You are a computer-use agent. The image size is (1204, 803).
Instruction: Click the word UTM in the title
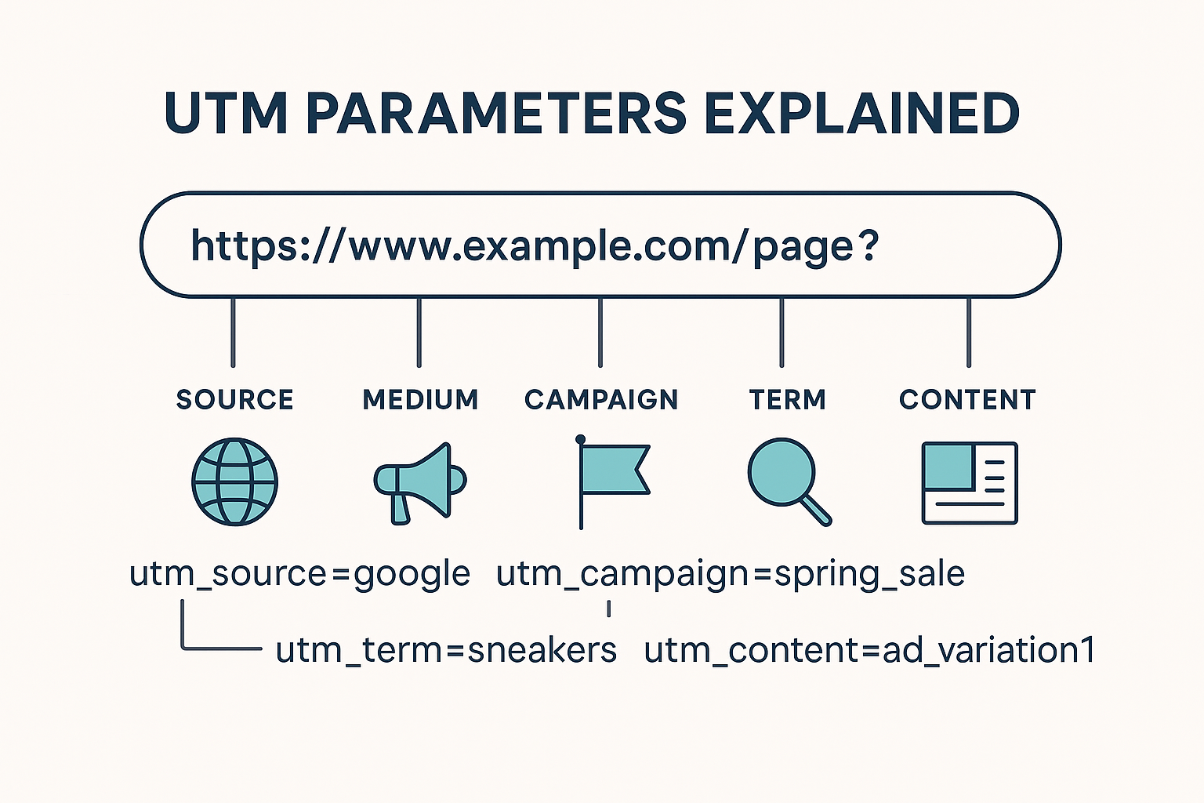click(x=226, y=114)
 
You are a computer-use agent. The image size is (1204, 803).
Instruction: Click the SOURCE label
click(x=235, y=400)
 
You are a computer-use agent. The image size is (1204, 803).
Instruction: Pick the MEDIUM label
click(x=420, y=400)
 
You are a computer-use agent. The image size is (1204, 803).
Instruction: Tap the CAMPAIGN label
click(x=601, y=400)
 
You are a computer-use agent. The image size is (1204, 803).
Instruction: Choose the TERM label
click(x=788, y=400)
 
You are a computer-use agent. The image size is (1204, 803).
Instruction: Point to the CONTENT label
click(x=967, y=400)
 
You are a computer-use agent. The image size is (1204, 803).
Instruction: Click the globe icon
click(x=235, y=481)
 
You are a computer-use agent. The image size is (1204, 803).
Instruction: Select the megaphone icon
click(x=420, y=483)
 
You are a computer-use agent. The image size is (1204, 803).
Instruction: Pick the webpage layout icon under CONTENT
click(x=970, y=483)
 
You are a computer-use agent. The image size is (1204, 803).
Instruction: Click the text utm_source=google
click(x=300, y=575)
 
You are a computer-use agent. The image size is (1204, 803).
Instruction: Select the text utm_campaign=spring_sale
click(x=730, y=575)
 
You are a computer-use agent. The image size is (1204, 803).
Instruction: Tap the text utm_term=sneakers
click(x=446, y=650)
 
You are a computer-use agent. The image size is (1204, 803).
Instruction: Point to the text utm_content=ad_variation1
click(x=869, y=650)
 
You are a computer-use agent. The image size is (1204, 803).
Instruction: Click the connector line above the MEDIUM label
click(x=419, y=332)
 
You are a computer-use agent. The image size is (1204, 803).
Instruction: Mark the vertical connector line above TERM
click(x=782, y=332)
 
